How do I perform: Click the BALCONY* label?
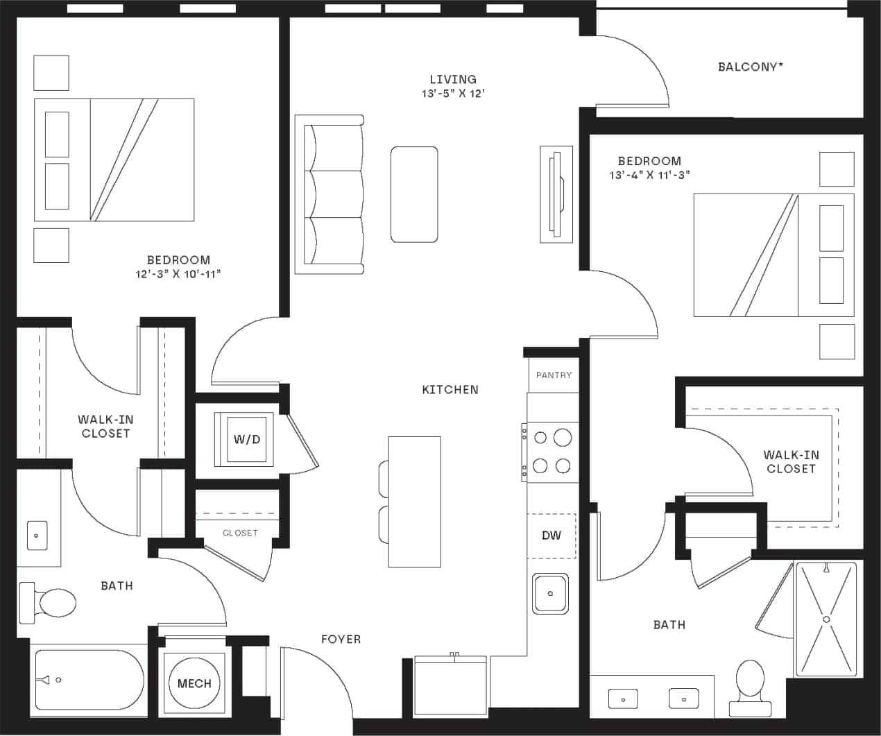751,67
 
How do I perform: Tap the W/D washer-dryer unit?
246,439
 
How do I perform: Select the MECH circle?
194,683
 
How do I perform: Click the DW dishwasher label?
551,536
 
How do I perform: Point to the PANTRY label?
554,375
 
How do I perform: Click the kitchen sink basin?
550,594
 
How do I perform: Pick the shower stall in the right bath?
826,619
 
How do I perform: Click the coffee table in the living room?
414,194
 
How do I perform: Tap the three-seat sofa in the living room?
330,194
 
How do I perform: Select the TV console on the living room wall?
556,194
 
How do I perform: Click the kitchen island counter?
414,501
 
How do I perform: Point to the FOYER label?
341,639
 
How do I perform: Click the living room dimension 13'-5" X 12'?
452,94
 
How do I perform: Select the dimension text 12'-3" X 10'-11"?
178,274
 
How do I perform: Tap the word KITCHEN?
450,390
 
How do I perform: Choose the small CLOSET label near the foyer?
240,533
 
